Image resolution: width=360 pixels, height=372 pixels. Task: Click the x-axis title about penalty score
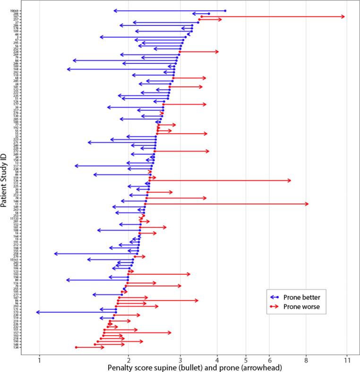tap(195, 368)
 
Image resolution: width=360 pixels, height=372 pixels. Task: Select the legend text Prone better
tap(302, 297)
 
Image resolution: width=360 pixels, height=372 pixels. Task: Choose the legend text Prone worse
tap(302, 306)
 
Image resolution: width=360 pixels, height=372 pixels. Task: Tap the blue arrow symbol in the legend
tap(275, 297)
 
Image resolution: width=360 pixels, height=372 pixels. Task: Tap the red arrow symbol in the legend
tap(275, 306)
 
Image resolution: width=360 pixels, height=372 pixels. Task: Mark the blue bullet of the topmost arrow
tap(225, 10)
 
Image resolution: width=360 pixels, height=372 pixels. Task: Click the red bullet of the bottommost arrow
tap(76, 347)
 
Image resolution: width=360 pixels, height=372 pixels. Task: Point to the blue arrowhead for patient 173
tap(38, 312)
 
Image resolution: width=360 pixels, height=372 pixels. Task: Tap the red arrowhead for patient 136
tap(290, 180)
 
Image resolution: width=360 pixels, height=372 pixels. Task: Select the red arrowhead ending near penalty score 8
tap(308, 204)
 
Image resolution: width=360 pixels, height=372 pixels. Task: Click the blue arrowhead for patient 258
tap(55, 254)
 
